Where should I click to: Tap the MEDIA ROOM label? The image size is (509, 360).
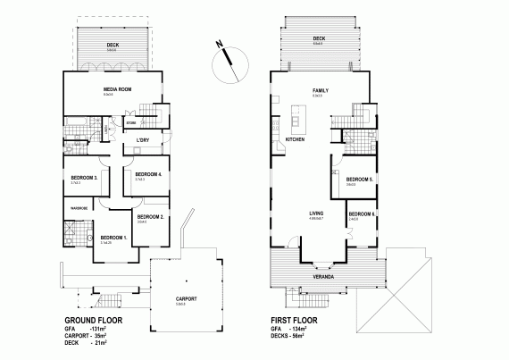(x=118, y=90)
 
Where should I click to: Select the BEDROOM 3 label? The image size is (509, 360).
(x=83, y=177)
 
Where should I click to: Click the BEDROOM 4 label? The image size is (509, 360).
(x=146, y=174)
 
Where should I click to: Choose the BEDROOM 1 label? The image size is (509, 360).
(x=113, y=237)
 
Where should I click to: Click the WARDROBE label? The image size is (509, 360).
(x=74, y=209)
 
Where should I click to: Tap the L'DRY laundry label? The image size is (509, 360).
(x=142, y=140)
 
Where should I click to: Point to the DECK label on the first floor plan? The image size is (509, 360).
(x=319, y=38)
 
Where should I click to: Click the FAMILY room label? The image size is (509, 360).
(x=320, y=90)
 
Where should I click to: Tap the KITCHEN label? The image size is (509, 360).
(x=295, y=140)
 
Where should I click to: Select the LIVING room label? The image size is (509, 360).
(x=316, y=213)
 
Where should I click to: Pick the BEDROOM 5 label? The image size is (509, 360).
(x=359, y=179)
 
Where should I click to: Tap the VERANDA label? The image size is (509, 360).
(x=322, y=276)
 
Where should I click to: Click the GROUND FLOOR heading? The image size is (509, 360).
(x=94, y=319)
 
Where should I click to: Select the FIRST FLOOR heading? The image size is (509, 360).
(x=296, y=319)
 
